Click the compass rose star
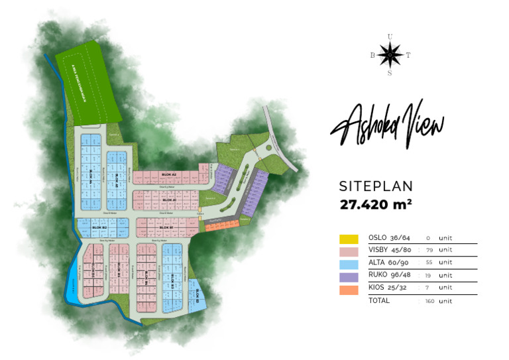click(390, 55)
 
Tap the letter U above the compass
click(390, 36)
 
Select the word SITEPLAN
click(376, 186)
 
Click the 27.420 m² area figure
click(376, 204)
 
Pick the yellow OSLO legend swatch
click(349, 239)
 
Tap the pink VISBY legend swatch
click(349, 252)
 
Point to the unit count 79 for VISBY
click(428, 251)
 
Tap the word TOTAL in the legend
click(379, 300)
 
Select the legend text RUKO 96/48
click(390, 275)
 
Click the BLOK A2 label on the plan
click(168, 174)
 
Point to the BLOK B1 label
click(166, 227)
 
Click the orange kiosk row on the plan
click(217, 227)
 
